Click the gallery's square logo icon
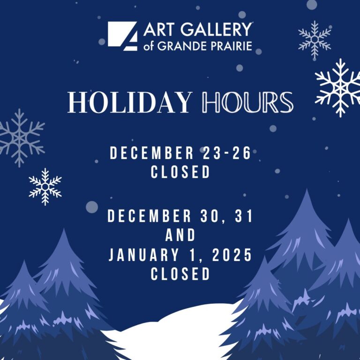pos(123,36)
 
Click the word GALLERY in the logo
pos(216,30)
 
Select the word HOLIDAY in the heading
pos(130,102)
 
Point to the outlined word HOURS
pos(247,102)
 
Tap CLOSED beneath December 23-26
pos(180,172)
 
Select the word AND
pos(180,235)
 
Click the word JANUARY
pos(143,255)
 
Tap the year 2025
pos(232,255)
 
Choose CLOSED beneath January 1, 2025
pos(180,273)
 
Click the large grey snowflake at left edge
pos(20,138)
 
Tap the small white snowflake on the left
pos(45,187)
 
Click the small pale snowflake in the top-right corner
pos(315,39)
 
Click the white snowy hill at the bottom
pos(174,333)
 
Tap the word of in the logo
pos(148,46)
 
